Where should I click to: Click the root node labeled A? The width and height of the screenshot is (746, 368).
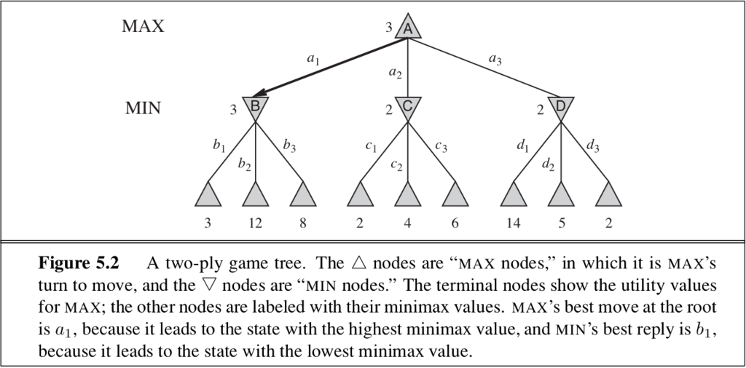(408, 28)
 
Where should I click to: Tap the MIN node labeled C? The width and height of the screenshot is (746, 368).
(408, 107)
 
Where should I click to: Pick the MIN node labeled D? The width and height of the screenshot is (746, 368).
(560, 107)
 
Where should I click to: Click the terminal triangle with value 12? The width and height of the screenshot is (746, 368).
(256, 195)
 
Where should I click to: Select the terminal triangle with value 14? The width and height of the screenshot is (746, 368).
(514, 195)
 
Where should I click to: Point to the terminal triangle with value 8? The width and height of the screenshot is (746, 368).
(302, 195)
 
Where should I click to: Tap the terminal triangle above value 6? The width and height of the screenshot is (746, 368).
(455, 195)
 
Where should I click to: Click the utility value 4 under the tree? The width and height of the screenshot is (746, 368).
(408, 223)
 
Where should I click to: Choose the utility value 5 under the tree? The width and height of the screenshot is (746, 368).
(560, 223)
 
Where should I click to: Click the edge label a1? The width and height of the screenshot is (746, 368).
(313, 61)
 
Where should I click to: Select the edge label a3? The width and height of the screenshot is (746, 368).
(495, 61)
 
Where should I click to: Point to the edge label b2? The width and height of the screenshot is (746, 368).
(244, 164)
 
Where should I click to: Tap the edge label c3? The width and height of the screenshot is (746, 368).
(441, 146)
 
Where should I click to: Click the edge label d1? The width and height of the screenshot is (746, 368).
(522, 146)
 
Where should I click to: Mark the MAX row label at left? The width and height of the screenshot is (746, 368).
(143, 27)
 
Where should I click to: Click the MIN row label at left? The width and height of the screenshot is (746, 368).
(143, 108)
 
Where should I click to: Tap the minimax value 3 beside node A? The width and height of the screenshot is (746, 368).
(389, 28)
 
